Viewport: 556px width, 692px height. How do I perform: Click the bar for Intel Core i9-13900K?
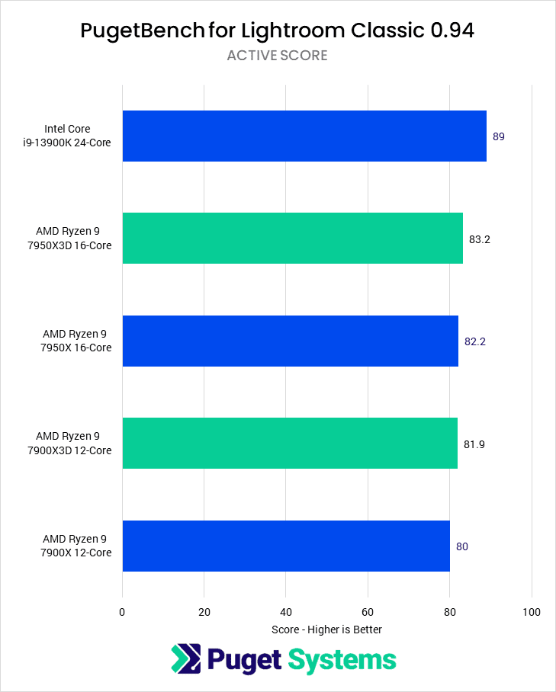304,136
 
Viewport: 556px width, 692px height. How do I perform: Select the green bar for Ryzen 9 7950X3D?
292,238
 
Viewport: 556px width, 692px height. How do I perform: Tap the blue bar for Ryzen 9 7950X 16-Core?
290,341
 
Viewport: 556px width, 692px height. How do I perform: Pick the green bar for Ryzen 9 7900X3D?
290,443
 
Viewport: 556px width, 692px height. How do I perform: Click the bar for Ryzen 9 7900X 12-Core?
286,546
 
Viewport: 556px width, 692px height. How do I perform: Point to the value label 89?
499,136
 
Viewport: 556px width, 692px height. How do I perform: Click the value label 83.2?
480,239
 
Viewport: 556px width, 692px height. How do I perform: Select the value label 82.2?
475,341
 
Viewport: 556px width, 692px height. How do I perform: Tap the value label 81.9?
474,444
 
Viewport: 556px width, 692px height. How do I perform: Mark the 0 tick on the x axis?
122,612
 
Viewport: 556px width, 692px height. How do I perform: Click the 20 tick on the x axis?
204,612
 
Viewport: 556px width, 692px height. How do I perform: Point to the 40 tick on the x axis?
285,612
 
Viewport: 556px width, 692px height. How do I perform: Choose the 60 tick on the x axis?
368,612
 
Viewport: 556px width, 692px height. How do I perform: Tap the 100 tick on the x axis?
532,612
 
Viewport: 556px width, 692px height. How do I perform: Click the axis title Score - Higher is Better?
326,630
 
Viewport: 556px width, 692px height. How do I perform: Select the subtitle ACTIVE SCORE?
278,56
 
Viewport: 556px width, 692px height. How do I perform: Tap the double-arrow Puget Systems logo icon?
185,659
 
